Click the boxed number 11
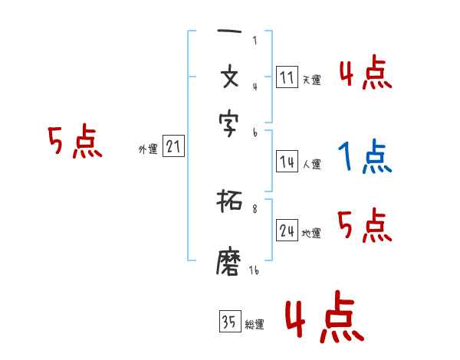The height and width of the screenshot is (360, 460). click(x=287, y=77)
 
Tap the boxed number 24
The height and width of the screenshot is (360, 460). click(x=287, y=231)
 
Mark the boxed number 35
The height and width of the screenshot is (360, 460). click(x=228, y=322)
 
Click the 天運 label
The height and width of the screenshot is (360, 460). click(x=311, y=80)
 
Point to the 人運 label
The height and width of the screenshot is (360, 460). click(x=312, y=164)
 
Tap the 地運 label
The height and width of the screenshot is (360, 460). click(x=311, y=233)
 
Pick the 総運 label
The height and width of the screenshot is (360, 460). click(x=255, y=325)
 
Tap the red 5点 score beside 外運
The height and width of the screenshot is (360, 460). click(x=74, y=142)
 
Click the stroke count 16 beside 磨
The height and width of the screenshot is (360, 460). click(x=254, y=270)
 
